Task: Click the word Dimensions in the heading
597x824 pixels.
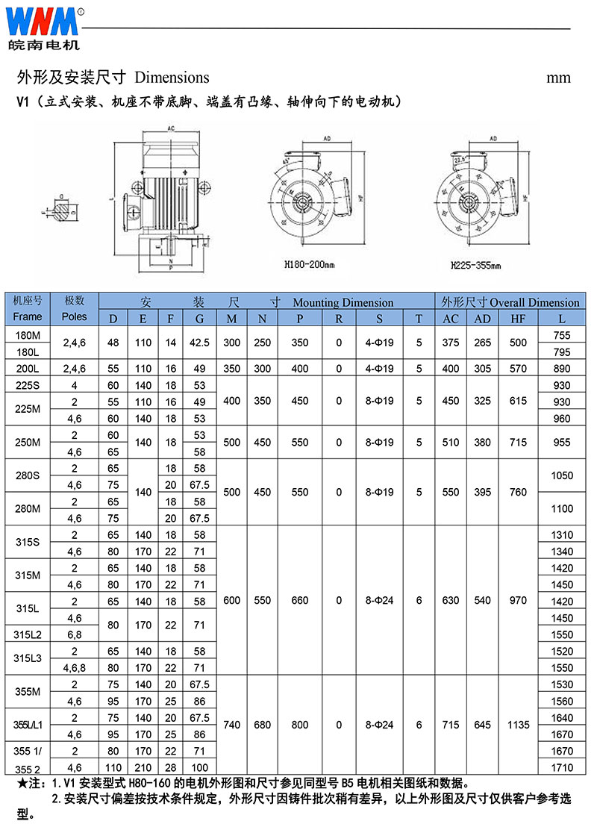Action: click(x=172, y=78)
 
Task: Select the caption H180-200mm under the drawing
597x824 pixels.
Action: click(x=309, y=263)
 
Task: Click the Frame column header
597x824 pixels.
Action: click(x=28, y=316)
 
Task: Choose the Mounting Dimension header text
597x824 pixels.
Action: click(x=343, y=302)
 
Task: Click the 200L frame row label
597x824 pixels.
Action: click(x=28, y=369)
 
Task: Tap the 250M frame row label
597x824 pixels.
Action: click(x=28, y=442)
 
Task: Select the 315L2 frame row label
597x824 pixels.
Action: click(x=28, y=634)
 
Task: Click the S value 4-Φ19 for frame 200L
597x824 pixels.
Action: click(x=380, y=369)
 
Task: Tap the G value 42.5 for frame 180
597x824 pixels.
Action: click(x=199, y=343)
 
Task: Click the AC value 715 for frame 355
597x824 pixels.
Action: click(x=451, y=725)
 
